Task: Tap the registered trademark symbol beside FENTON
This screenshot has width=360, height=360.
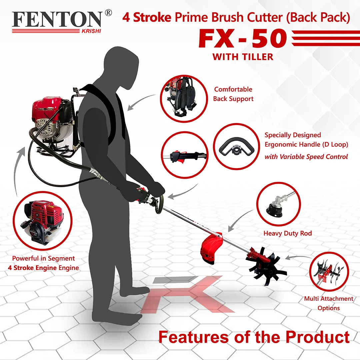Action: click(x=108, y=13)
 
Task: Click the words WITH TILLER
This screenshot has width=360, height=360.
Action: click(x=243, y=57)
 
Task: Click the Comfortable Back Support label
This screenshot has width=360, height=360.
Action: click(x=233, y=94)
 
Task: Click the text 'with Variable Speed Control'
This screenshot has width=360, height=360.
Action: click(x=306, y=157)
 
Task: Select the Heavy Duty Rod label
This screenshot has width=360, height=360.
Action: click(x=288, y=233)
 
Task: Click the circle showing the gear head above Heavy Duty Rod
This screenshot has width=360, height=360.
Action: click(x=279, y=204)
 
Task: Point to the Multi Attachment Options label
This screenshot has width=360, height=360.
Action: click(x=329, y=303)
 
